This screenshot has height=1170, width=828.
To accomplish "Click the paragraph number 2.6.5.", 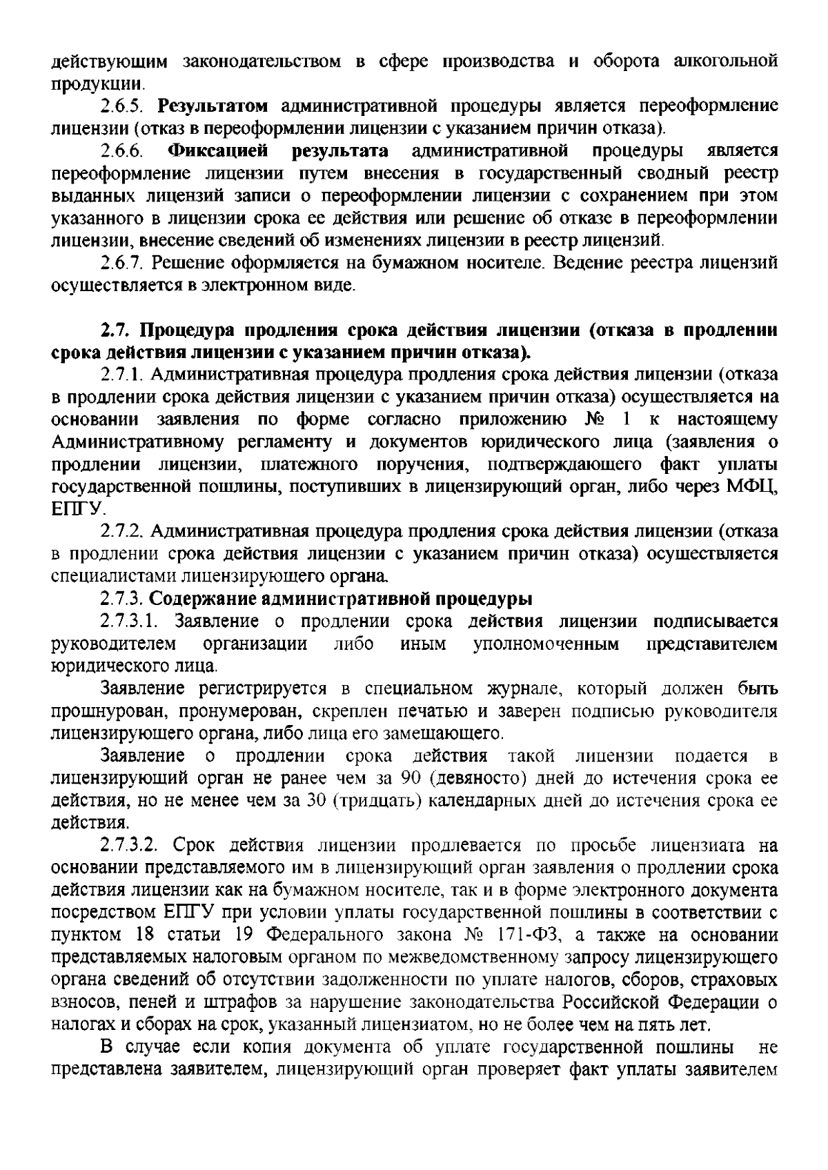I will (121, 106).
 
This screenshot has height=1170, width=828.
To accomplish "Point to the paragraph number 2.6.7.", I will (121, 263).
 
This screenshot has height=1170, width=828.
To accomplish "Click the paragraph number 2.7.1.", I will (121, 375).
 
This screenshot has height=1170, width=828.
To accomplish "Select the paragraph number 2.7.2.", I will (121, 532).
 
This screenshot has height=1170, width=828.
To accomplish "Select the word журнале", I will (513, 688).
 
